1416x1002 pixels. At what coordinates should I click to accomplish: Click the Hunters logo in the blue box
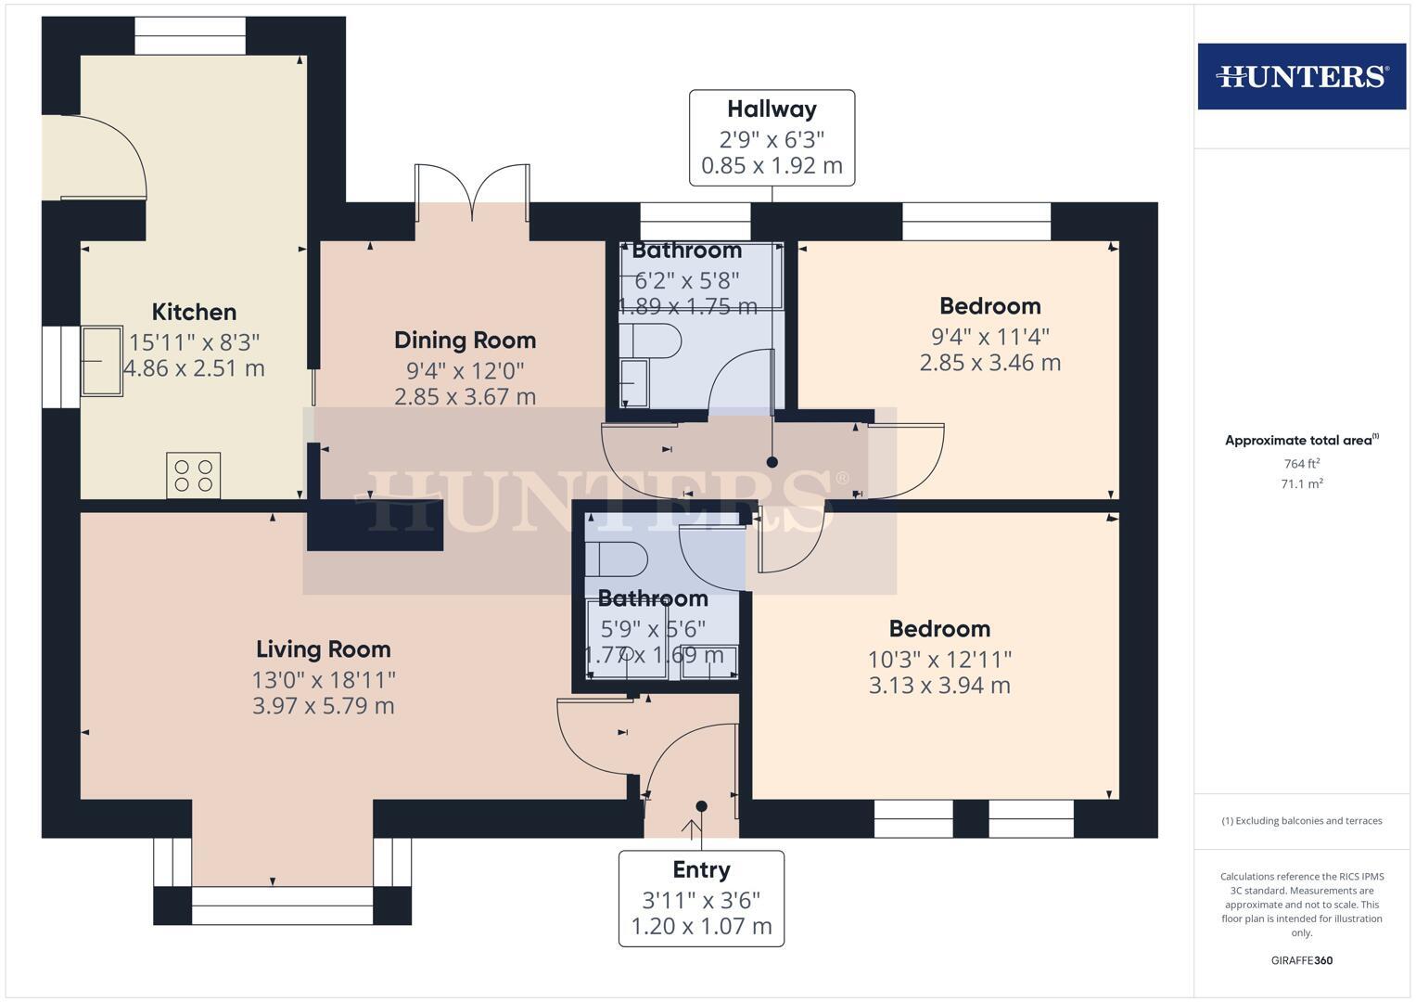[1301, 76]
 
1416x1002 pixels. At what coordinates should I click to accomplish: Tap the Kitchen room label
[194, 312]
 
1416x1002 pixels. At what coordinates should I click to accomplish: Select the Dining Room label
[465, 340]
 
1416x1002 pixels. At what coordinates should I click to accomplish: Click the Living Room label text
[323, 649]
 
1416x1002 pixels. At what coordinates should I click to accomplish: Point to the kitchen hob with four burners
[194, 475]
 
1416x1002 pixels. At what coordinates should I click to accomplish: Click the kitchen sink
[101, 360]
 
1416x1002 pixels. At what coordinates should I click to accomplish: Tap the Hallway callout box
[772, 137]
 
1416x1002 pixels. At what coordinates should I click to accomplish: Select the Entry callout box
[701, 898]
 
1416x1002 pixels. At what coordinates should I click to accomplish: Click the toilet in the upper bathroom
[650, 341]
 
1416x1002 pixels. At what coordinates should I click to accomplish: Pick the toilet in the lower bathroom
[616, 559]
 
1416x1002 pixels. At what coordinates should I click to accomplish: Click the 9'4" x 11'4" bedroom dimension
[989, 336]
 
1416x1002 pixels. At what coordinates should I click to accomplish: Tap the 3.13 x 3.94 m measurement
[939, 686]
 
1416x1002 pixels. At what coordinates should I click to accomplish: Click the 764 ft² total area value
[1301, 464]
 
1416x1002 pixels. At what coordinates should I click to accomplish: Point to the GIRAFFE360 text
[1301, 960]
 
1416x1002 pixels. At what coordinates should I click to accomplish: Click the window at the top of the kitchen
[190, 36]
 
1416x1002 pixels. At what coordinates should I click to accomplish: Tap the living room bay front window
[282, 905]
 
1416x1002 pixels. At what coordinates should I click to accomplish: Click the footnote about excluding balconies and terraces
[1301, 821]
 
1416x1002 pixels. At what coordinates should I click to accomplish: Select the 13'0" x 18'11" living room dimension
[323, 679]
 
